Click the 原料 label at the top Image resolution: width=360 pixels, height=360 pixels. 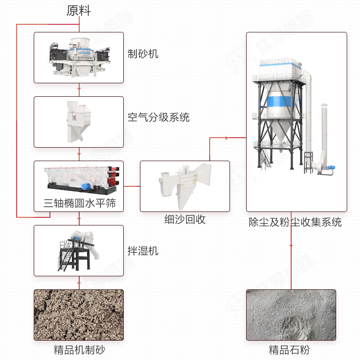point(79,11)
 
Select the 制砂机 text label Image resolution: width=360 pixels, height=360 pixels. point(143,54)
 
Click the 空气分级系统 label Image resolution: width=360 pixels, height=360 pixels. point(158,118)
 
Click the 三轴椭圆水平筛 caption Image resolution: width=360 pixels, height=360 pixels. point(80,204)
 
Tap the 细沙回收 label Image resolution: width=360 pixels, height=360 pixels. point(185,220)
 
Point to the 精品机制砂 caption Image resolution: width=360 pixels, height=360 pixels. point(79,350)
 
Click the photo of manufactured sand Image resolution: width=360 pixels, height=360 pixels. point(79,315)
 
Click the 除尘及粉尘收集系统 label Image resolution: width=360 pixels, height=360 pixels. point(295,222)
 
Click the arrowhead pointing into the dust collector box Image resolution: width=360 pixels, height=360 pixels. point(243,138)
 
